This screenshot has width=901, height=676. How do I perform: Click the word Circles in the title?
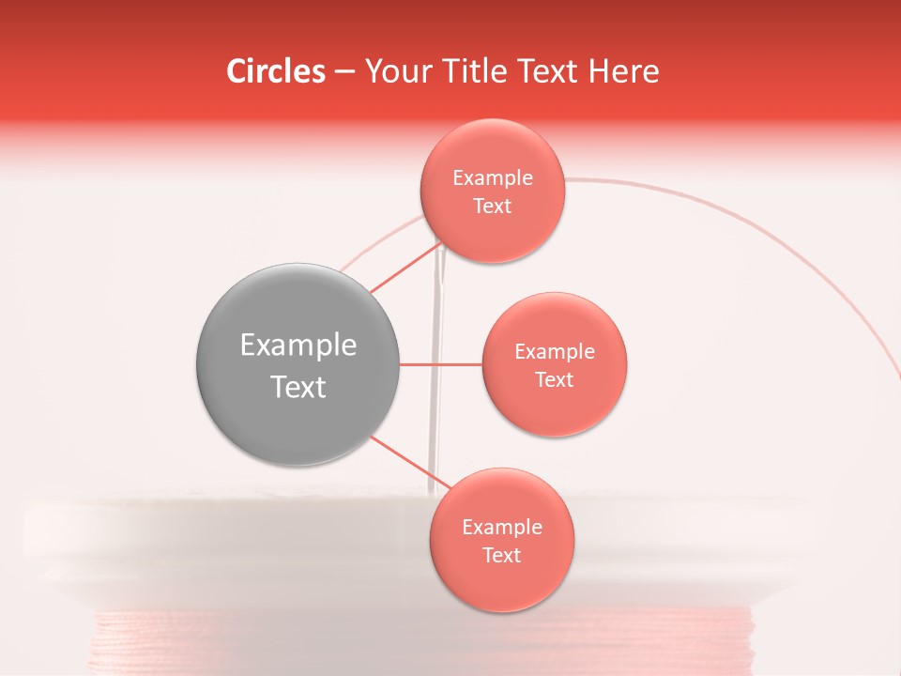[276, 71]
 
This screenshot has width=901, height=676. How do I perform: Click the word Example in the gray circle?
[298, 346]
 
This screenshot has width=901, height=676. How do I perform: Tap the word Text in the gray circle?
[298, 387]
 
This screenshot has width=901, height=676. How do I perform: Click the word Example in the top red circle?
[493, 178]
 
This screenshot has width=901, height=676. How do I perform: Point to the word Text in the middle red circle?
[554, 380]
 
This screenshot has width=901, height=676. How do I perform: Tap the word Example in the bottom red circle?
[502, 528]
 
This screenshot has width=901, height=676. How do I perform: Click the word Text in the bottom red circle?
[502, 556]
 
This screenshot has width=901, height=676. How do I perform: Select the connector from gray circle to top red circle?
[405, 269]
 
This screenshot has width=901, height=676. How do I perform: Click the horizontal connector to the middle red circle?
[441, 364]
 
